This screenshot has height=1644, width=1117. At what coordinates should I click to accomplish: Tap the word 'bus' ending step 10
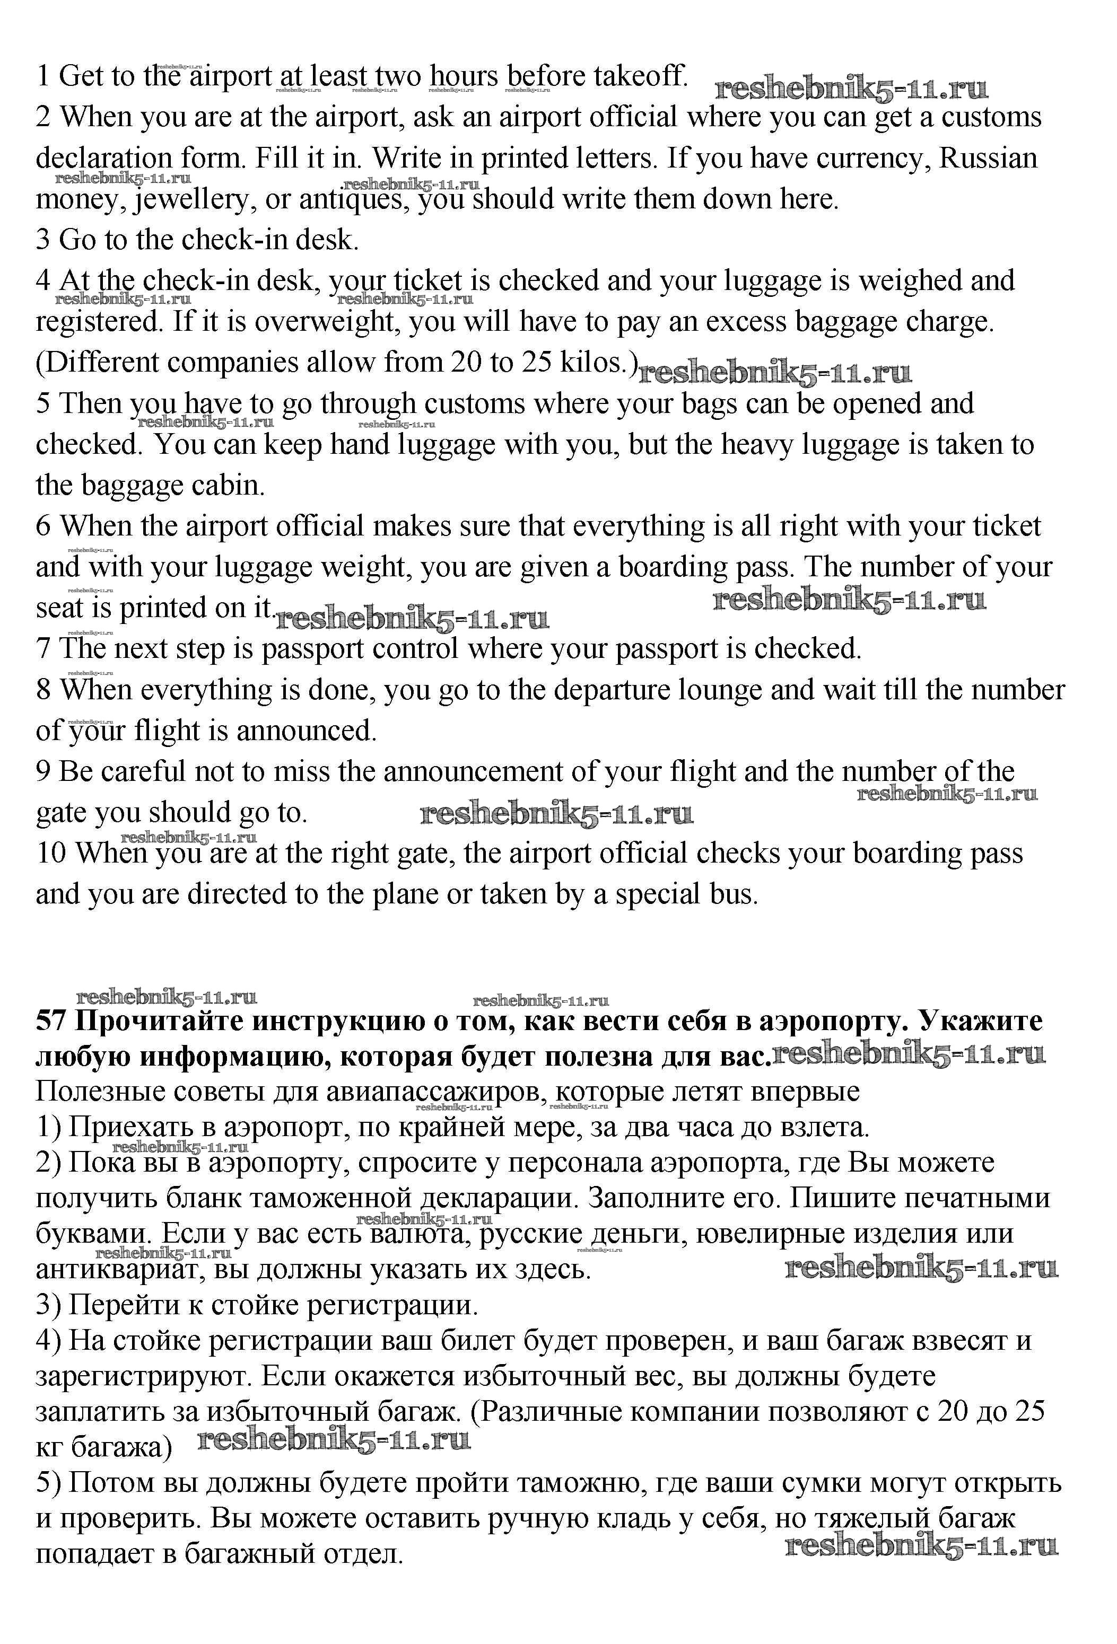(x=736, y=895)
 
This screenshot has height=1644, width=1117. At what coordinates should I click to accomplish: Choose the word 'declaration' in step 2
(x=104, y=159)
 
